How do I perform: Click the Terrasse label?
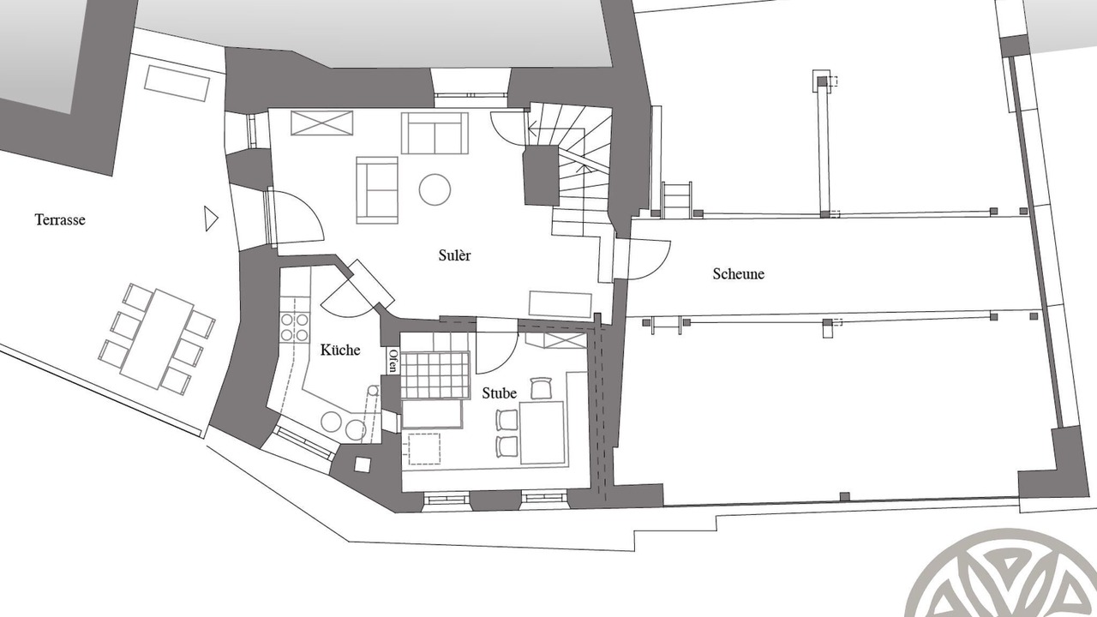coord(60,220)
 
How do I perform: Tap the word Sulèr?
coord(454,255)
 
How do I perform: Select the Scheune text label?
coord(738,273)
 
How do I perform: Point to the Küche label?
coord(340,350)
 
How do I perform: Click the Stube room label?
coord(499,393)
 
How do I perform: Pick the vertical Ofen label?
coord(393,361)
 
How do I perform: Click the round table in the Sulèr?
coord(435,189)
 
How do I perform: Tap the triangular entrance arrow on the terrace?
coord(211,219)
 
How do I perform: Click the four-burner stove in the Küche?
coord(294,327)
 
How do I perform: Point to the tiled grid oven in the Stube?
coord(435,375)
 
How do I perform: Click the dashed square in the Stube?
coord(424,448)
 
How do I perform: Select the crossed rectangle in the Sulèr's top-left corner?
coord(321,123)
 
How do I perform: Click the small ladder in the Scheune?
coord(677,199)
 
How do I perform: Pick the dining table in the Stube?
coord(543,433)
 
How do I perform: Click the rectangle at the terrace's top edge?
coord(177,83)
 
